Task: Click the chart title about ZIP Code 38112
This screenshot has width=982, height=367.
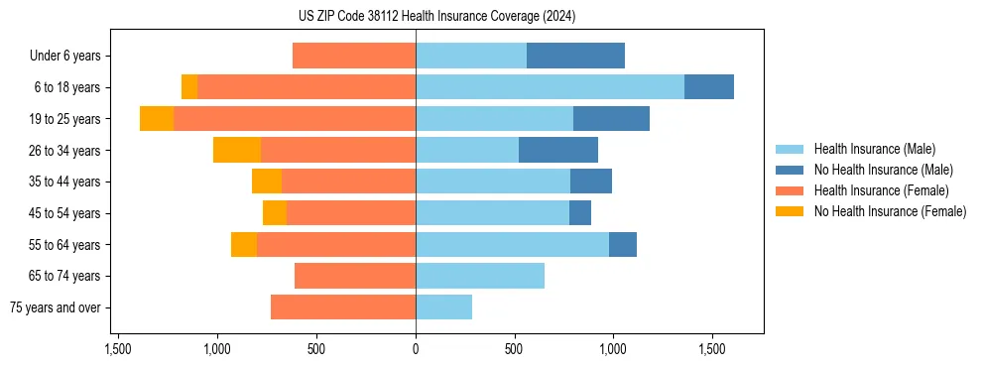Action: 436,17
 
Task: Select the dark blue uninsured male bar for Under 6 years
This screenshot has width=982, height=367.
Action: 575,56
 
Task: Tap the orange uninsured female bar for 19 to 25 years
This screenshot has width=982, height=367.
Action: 157,119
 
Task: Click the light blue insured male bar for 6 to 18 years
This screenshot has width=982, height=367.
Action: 550,87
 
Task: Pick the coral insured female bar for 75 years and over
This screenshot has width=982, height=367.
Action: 343,307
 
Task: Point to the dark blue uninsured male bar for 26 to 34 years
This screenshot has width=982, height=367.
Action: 558,150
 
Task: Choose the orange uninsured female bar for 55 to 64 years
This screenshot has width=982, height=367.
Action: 244,245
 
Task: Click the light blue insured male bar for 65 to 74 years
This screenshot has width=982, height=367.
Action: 480,276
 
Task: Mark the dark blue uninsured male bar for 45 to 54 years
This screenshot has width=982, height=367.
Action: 580,213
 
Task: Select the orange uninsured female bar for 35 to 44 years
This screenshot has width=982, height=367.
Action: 267,182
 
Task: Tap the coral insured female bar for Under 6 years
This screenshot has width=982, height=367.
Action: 354,56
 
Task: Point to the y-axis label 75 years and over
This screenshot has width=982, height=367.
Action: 56,307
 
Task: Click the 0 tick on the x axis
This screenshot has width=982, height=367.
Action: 416,349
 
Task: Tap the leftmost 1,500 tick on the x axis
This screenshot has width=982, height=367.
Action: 118,349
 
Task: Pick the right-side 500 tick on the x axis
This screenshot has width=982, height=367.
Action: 514,349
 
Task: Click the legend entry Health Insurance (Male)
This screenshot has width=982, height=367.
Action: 874,149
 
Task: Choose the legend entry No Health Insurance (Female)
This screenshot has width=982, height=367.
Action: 890,211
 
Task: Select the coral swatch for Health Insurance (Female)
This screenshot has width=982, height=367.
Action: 790,190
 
